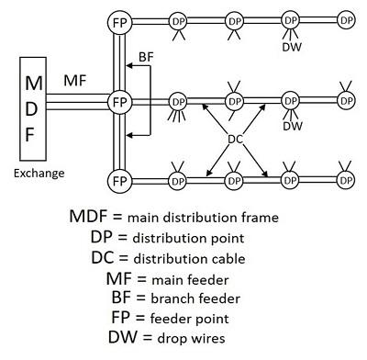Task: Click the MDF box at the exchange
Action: (34, 107)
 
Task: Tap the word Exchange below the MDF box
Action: (37, 172)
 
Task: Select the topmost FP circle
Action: (118, 20)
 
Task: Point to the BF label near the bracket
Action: (146, 57)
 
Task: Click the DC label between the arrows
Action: (236, 140)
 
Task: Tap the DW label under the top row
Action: (292, 46)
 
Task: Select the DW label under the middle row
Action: (293, 126)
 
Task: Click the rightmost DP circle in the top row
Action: (345, 19)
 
